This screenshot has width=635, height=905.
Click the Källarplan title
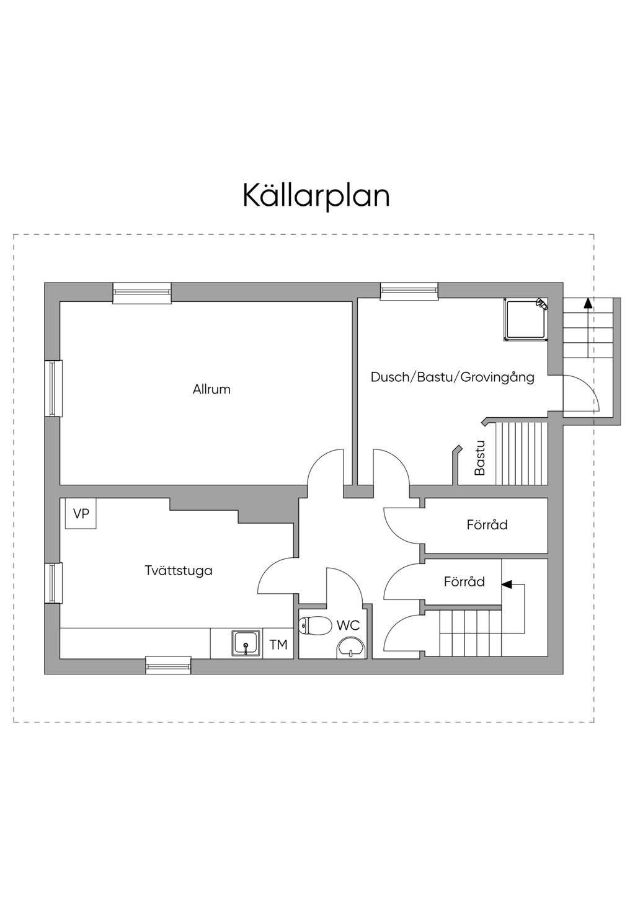(316, 196)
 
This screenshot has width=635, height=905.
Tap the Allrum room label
(211, 389)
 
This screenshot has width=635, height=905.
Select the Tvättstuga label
(179, 570)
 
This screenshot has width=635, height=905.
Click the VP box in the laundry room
(81, 513)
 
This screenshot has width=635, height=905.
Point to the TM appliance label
(278, 645)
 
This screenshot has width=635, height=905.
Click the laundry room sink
(246, 643)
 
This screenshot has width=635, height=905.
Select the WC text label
(348, 625)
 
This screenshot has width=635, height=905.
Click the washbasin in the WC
(351, 648)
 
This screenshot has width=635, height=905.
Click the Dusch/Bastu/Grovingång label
(452, 377)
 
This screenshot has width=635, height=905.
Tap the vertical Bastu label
(479, 457)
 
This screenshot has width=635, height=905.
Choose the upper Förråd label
(487, 525)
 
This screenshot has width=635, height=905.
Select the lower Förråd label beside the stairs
(464, 582)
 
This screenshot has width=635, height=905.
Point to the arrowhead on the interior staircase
(507, 584)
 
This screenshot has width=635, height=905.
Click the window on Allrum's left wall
(53, 388)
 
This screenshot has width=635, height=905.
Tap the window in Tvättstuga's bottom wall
(168, 665)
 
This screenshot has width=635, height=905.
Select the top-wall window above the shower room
(409, 291)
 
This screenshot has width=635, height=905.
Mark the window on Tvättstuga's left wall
(53, 583)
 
